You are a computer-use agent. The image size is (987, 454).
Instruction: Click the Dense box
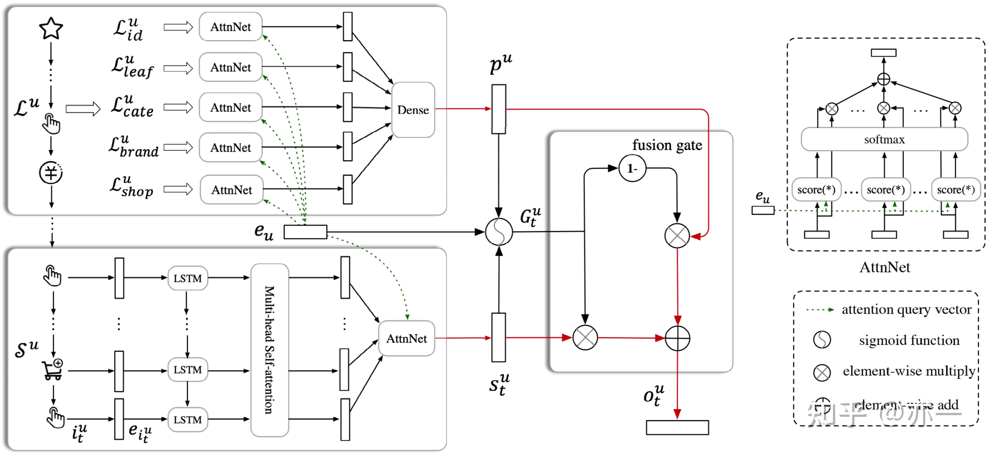[413, 110]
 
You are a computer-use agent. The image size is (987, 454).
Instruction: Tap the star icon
[51, 28]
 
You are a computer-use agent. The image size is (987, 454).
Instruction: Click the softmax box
[884, 139]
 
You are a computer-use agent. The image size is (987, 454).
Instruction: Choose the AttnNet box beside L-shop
[231, 190]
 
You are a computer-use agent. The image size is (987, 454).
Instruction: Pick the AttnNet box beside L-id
[230, 27]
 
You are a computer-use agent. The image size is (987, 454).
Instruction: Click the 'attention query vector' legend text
[906, 309]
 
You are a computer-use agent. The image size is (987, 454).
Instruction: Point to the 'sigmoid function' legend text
[909, 340]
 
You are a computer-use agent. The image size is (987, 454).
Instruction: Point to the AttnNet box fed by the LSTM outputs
[406, 338]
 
